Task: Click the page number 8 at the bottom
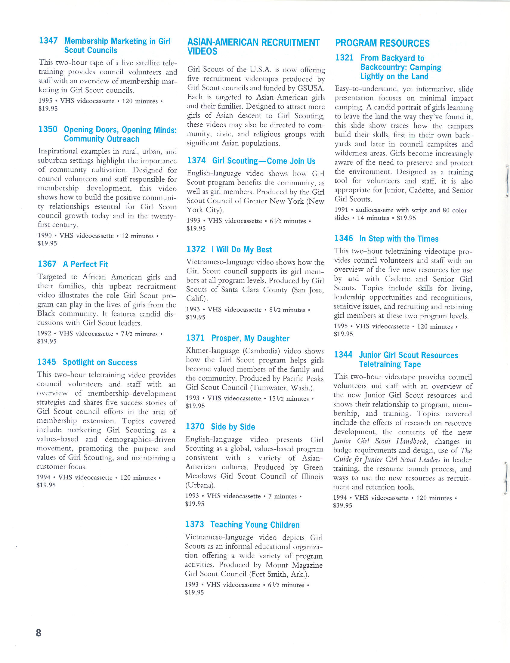[x=39, y=633]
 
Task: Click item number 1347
[x=48, y=41]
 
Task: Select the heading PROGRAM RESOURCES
[x=382, y=43]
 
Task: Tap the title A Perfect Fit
[x=85, y=264]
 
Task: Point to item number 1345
[x=46, y=362]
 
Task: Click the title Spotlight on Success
[x=100, y=362]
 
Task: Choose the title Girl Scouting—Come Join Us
[x=264, y=161]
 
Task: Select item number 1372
[x=196, y=249]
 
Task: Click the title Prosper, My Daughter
[x=250, y=338]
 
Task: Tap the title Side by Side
[x=233, y=427]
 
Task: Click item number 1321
[x=344, y=58]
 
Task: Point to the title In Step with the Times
[x=399, y=239]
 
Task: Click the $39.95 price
[x=342, y=505]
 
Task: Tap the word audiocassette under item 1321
[x=374, y=210]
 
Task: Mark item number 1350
[x=48, y=129]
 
